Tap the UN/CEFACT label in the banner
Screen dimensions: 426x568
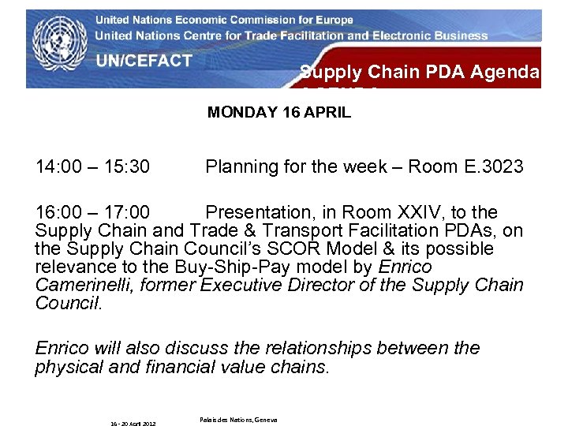[144, 62]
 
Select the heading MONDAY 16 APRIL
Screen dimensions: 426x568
[278, 112]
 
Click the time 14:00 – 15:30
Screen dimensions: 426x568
[93, 167]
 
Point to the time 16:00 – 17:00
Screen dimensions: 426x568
[93, 213]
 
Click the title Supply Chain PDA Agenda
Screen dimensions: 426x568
[420, 73]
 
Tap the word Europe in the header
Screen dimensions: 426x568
[332, 20]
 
